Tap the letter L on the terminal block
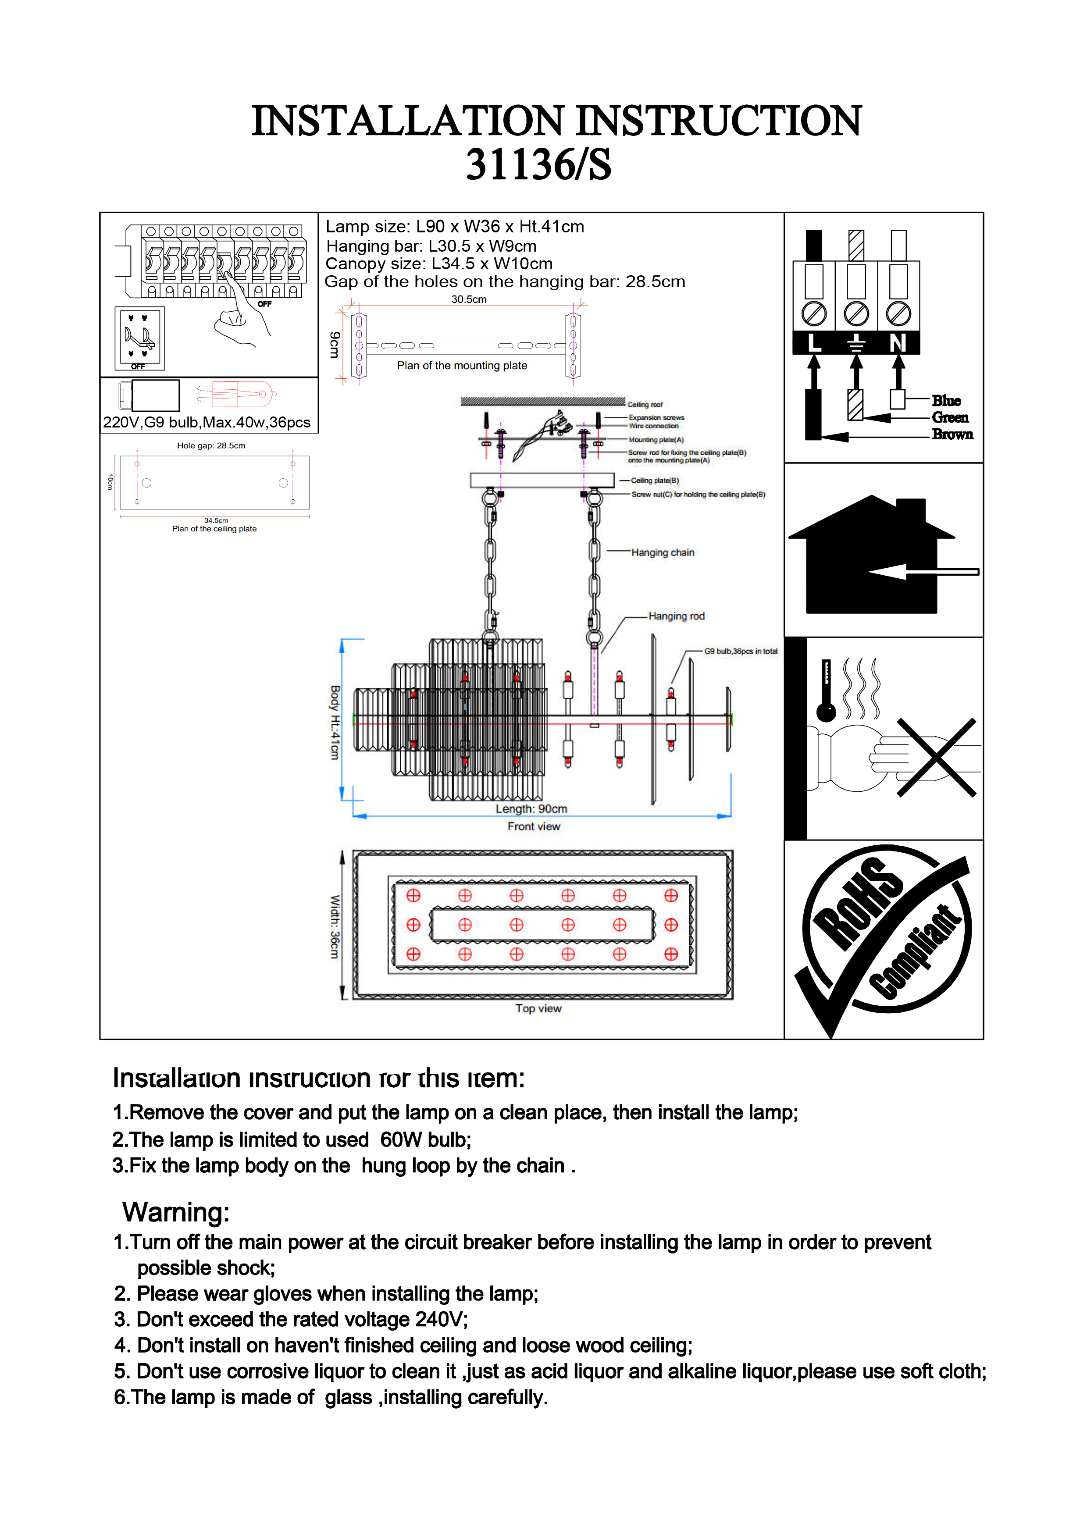[814, 343]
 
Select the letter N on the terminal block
[898, 343]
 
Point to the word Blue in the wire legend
[946, 401]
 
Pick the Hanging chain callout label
[663, 552]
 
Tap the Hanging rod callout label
[677, 616]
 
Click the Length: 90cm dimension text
[531, 809]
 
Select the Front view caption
[533, 826]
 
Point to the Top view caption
[538, 1009]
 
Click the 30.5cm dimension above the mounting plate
[469, 299]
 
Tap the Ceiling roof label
[645, 405]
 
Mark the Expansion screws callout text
[656, 418]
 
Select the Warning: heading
[176, 1212]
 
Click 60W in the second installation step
[400, 1140]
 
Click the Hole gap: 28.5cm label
[211, 445]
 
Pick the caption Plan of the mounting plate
[462, 366]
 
